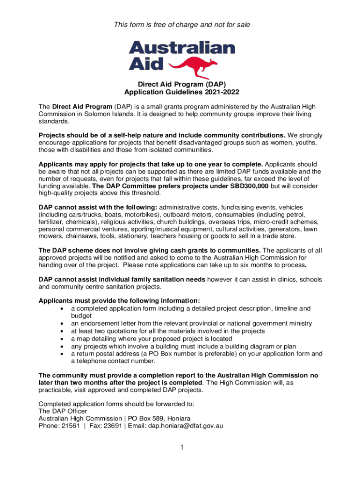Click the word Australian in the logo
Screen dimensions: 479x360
[181, 48]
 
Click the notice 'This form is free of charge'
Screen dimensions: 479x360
[180, 24]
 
